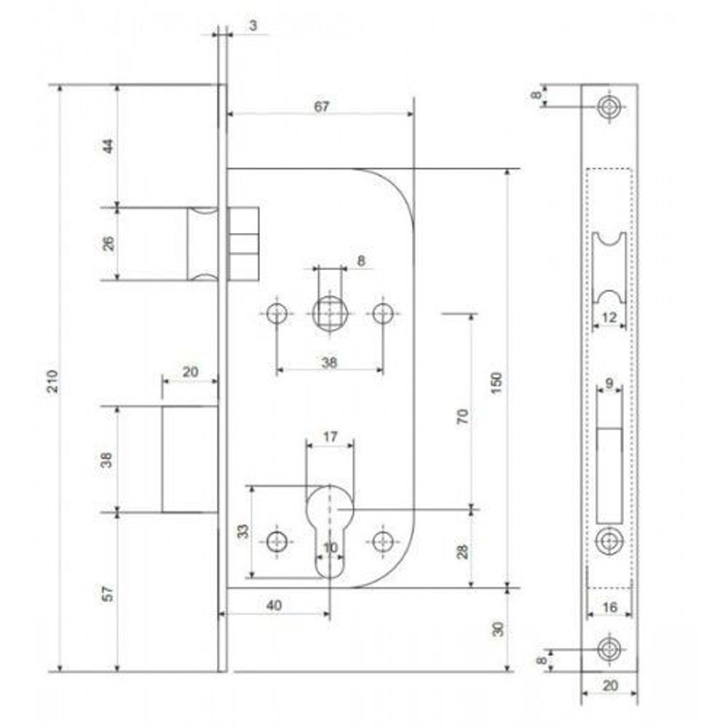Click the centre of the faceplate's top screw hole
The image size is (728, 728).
(609, 107)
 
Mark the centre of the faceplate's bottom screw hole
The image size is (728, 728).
(609, 649)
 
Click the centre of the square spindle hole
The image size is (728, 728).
(330, 313)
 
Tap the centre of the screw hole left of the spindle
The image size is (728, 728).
(277, 313)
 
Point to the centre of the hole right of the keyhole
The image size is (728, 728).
(383, 541)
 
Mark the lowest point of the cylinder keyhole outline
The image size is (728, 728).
(330, 579)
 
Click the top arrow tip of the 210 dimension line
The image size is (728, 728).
(60, 86)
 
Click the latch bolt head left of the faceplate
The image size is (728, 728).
(202, 244)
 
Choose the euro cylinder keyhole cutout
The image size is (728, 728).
(330, 532)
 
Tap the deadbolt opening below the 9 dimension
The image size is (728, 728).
(609, 475)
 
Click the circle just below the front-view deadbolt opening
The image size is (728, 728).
(609, 540)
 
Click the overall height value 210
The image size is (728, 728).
(54, 381)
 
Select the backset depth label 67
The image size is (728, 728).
(321, 106)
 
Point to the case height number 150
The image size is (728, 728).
(496, 383)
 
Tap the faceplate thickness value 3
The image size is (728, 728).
(253, 25)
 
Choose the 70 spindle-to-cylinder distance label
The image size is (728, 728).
(462, 416)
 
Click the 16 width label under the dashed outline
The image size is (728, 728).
(609, 606)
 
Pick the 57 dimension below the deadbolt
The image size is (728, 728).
(107, 594)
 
